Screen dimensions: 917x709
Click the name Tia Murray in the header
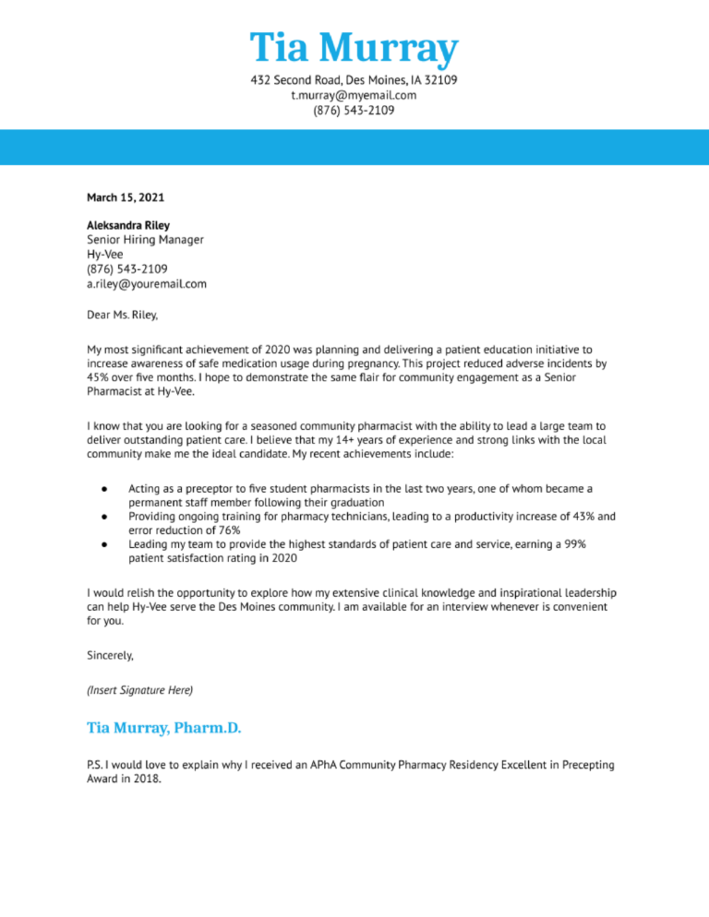click(354, 48)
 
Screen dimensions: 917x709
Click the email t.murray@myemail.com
click(354, 95)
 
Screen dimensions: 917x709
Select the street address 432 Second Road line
click(354, 80)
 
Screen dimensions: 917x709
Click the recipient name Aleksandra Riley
click(128, 225)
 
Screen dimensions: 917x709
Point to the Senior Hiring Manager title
click(145, 240)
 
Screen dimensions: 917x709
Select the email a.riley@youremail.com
click(147, 284)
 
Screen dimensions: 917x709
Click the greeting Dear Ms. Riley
click(123, 315)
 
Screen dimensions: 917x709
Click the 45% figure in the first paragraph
click(99, 378)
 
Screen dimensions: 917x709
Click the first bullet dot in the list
click(106, 488)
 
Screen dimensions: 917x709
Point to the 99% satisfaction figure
click(573, 544)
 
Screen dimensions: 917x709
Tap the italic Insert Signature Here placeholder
click(139, 690)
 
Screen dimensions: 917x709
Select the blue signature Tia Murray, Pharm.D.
click(163, 729)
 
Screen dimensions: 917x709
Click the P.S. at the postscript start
click(94, 765)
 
